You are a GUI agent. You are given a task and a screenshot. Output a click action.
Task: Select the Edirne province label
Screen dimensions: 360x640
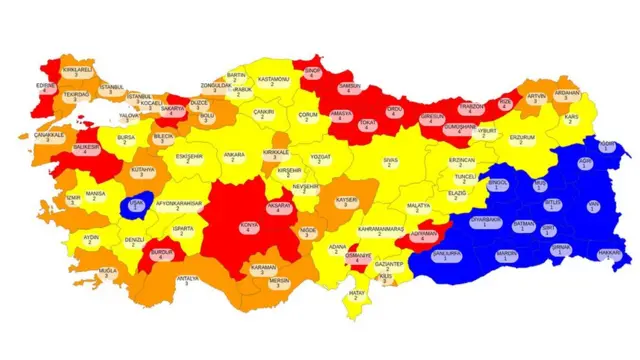(x=45, y=88)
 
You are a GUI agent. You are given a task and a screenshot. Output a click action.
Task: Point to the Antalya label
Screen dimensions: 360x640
(x=187, y=281)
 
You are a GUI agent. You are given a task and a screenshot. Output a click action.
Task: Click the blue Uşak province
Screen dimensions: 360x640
(x=136, y=206)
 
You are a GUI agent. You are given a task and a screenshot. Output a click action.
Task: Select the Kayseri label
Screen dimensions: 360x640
(x=346, y=202)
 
